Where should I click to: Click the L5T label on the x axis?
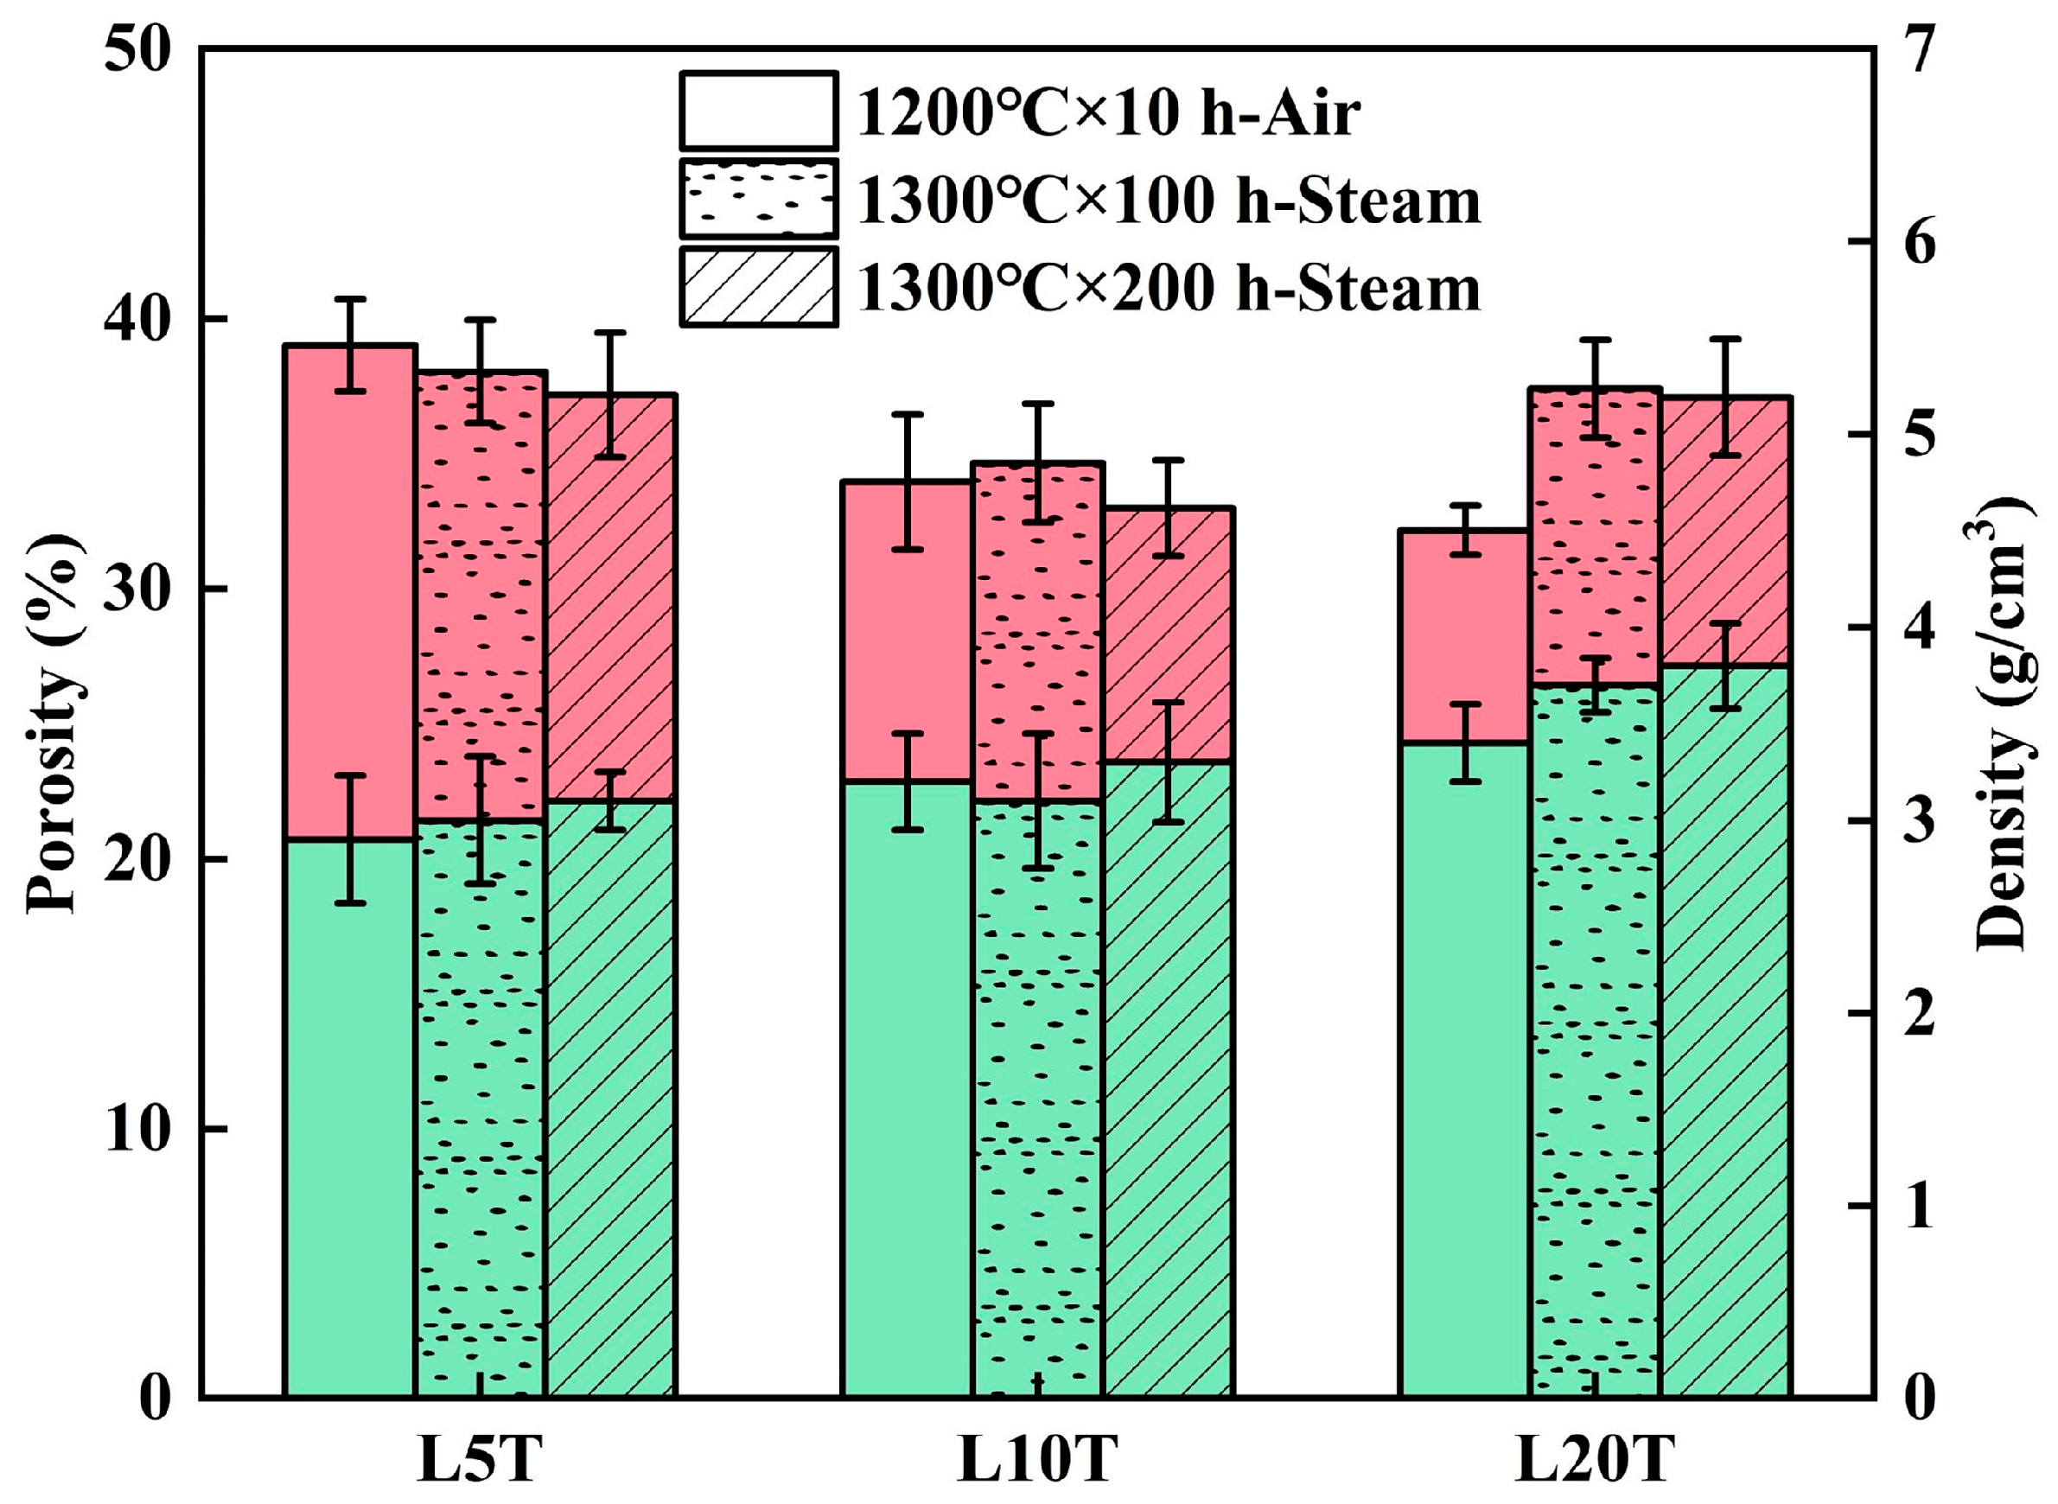click(480, 1461)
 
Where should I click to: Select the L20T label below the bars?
click(1594, 1461)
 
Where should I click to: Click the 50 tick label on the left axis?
click(138, 51)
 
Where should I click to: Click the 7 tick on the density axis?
click(1915, 51)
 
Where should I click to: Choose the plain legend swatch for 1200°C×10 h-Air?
click(757, 111)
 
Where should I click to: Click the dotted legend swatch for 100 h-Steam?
click(757, 199)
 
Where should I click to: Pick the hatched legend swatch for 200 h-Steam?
click(757, 286)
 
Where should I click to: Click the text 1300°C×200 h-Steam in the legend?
click(1169, 290)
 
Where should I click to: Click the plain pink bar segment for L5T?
click(349, 592)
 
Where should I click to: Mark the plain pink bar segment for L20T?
click(1464, 637)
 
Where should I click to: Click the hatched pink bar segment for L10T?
click(1169, 637)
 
